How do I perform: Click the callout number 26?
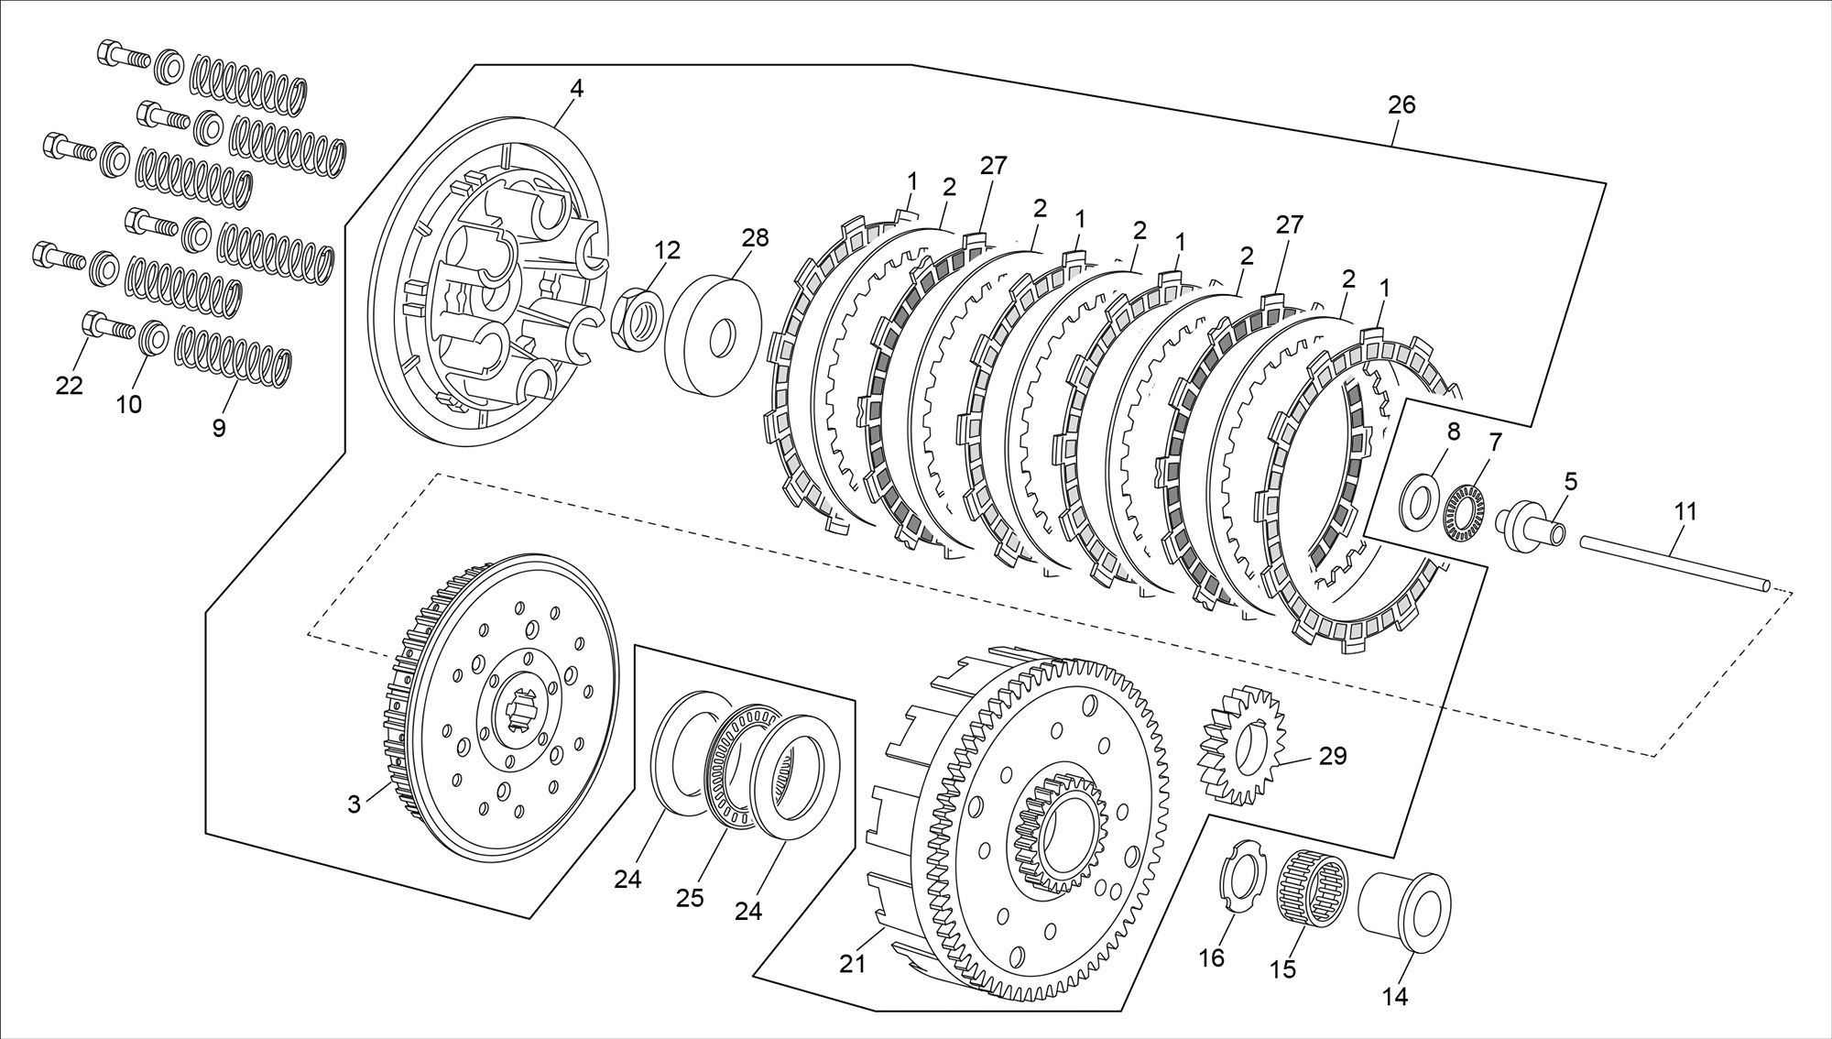click(x=1401, y=105)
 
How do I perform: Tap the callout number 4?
click(x=576, y=89)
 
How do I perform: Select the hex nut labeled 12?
click(x=637, y=318)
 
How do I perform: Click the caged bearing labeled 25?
click(x=738, y=767)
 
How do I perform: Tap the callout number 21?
click(x=854, y=963)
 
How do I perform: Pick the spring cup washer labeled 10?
click(x=153, y=336)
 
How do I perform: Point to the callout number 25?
click(x=690, y=897)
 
